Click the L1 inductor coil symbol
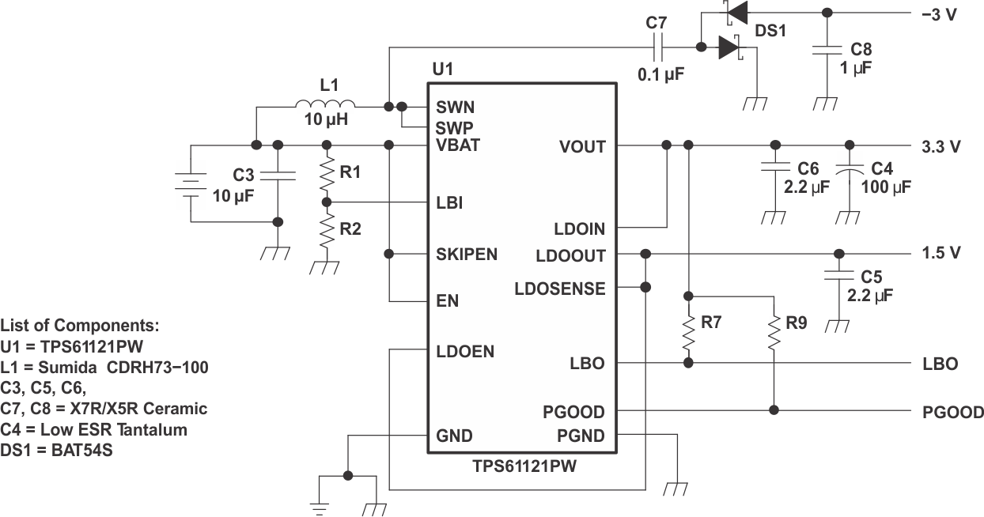point(325,104)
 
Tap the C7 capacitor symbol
point(657,48)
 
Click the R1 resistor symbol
point(326,174)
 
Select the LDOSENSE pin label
point(559,289)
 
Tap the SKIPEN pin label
point(467,255)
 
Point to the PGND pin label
point(581,436)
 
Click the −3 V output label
point(939,13)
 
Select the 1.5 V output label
point(941,253)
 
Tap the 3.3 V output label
point(941,146)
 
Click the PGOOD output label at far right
point(953,412)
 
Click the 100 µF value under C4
point(890,188)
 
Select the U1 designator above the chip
point(442,69)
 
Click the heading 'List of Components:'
point(79,325)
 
